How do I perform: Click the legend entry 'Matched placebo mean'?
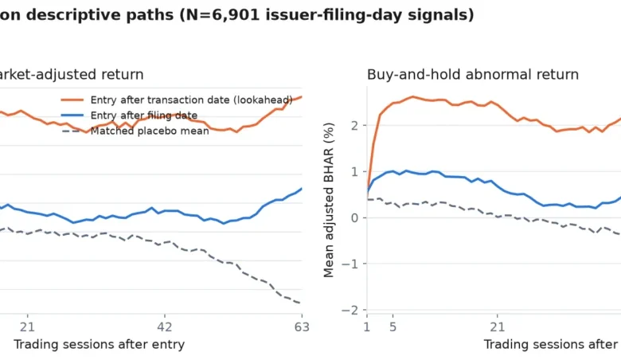coord(150,131)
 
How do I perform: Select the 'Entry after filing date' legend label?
coord(144,115)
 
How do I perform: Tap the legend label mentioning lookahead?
coord(191,100)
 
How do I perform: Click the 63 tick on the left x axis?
coord(302,327)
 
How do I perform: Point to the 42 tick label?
coord(165,327)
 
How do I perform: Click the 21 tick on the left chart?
coord(27,327)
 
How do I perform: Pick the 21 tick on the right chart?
coord(498,327)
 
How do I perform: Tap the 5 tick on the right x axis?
coord(393,327)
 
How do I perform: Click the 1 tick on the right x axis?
coord(367,327)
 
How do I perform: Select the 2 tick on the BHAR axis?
coord(354,126)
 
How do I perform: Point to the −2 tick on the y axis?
coord(350,310)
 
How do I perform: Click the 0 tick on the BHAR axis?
coord(354,217)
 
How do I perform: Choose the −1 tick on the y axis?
coord(350,264)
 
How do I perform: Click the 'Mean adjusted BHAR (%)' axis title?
coord(329,200)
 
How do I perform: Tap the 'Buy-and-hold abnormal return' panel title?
coord(473,74)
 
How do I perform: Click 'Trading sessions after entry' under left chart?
coord(99,345)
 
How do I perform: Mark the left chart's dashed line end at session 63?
coord(302,303)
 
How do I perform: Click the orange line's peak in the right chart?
coord(412,96)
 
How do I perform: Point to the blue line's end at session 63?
coord(302,189)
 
